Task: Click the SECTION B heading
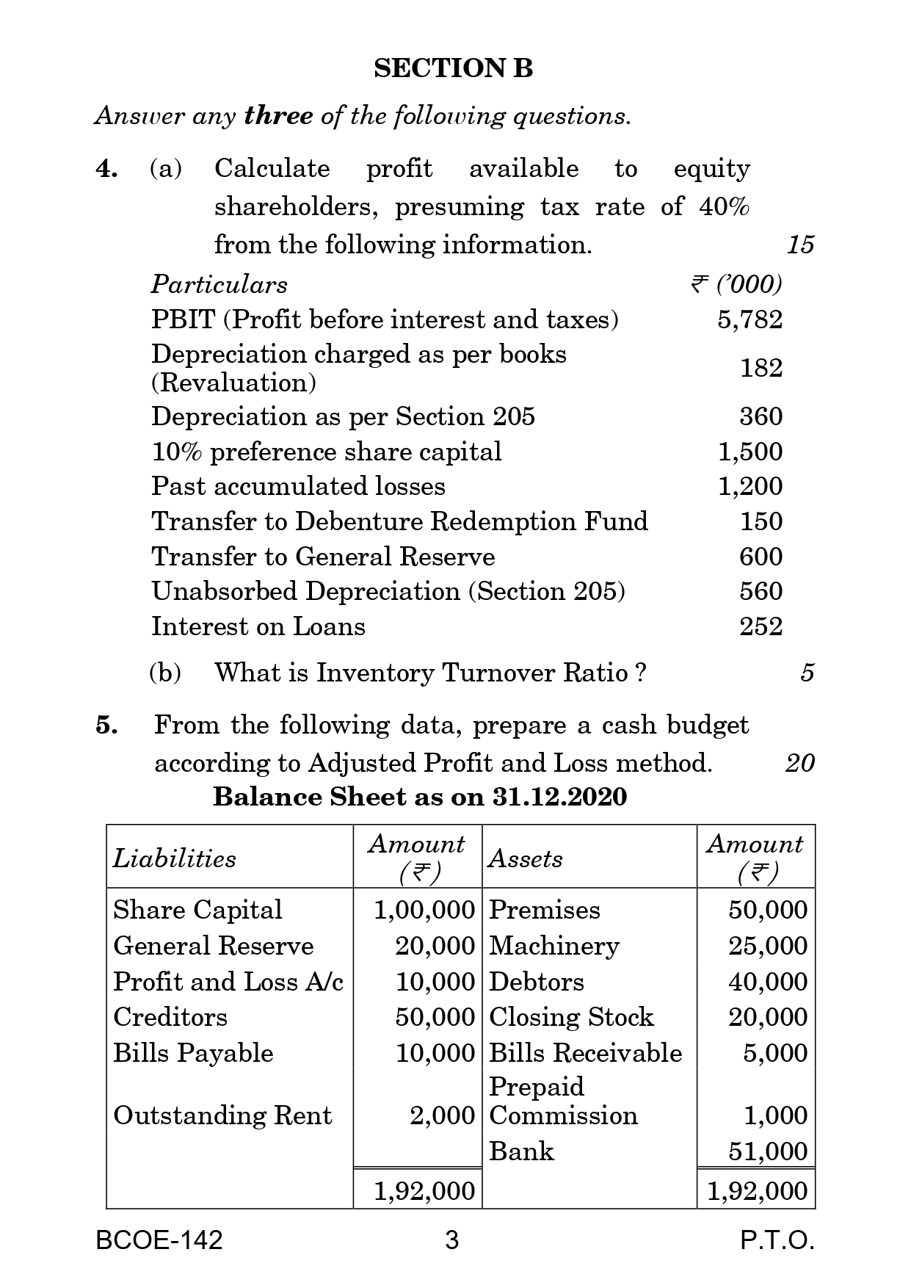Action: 453,68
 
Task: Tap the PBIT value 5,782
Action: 750,319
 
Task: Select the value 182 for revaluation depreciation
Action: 761,368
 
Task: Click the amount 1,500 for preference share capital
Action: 750,452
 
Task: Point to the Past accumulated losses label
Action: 298,486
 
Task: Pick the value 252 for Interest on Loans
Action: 761,626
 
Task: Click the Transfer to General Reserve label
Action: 323,557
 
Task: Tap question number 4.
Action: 106,169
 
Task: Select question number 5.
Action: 106,726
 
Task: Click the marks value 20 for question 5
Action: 799,763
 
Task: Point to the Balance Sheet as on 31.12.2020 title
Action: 420,797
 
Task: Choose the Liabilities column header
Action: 175,858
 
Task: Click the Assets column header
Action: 526,858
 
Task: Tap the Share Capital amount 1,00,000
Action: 424,910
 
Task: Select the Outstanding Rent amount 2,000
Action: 442,1115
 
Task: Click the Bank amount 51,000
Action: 767,1151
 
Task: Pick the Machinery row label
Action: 554,946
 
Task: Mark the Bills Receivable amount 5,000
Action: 774,1053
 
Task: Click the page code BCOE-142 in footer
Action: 159,1240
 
